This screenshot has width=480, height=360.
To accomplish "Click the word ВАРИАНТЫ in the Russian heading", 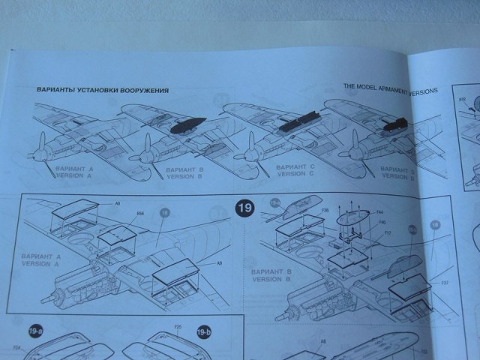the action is click(58, 91).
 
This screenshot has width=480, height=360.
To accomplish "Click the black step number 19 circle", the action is click(244, 208).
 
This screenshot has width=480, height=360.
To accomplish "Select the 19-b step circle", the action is click(202, 331).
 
